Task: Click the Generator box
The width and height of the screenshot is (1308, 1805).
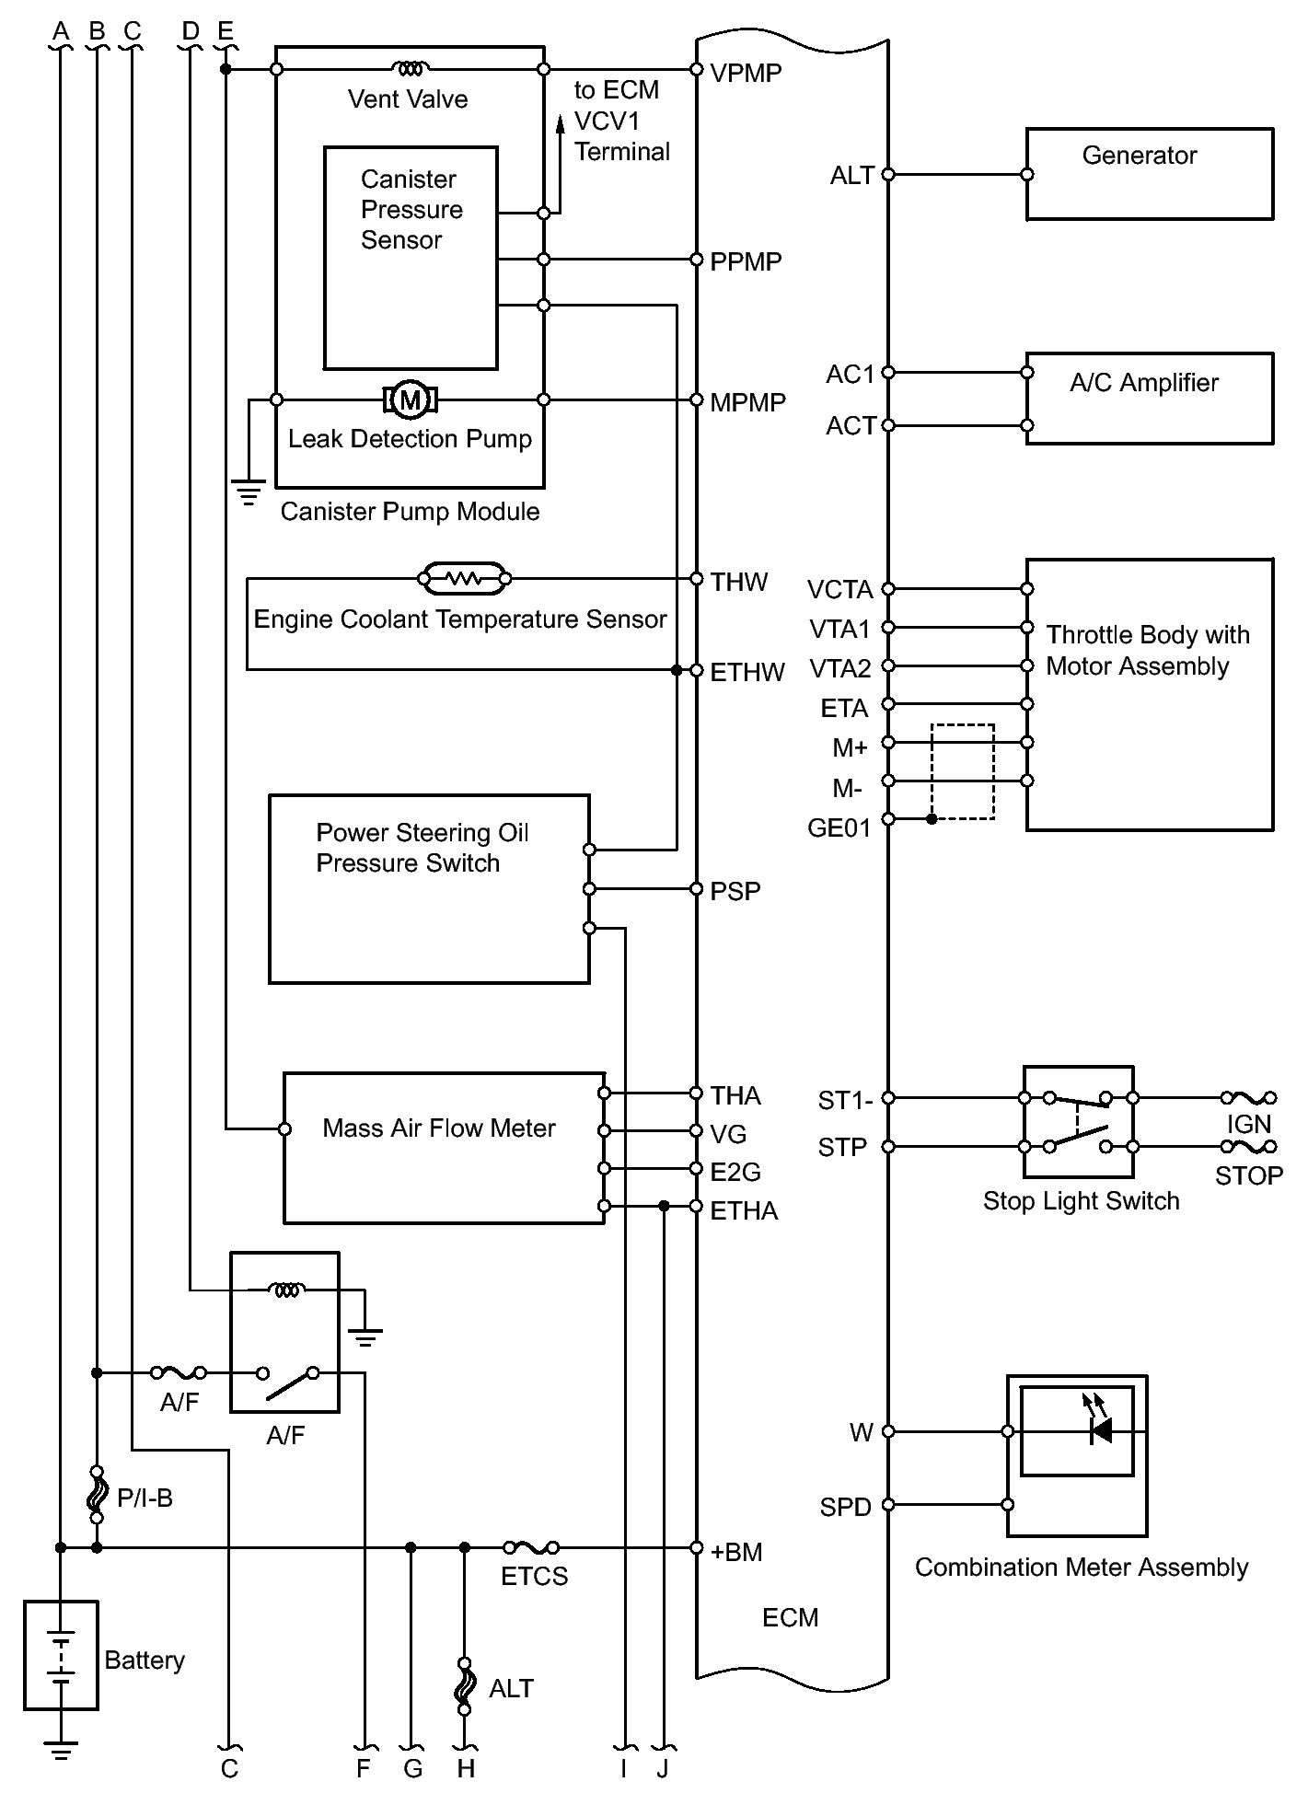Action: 1149,174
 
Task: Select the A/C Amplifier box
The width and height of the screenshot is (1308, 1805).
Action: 1149,399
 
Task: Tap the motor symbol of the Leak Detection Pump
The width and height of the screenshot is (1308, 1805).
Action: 410,399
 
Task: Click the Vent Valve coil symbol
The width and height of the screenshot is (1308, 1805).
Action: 410,68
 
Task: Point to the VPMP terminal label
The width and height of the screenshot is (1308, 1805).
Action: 746,73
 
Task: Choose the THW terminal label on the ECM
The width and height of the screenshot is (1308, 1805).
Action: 738,582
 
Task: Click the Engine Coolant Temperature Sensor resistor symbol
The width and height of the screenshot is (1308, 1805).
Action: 464,579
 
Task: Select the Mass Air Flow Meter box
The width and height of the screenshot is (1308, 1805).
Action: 443,1148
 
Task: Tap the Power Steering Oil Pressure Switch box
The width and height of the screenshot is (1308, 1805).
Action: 428,889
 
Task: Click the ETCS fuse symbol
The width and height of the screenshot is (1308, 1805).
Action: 531,1547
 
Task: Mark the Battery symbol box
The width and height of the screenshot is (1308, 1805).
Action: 61,1655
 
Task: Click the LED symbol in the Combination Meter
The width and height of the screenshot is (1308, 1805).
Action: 1099,1430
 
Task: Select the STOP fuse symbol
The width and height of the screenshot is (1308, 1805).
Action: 1248,1147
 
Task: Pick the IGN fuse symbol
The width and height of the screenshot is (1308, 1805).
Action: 1248,1097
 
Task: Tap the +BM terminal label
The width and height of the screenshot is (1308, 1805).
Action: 736,1552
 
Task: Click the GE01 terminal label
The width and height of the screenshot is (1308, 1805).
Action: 839,828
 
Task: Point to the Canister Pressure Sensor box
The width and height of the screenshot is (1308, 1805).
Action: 411,258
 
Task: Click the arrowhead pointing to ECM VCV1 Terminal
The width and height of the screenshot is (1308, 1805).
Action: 559,123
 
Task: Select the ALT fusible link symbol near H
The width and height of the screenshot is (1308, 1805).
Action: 465,1686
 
